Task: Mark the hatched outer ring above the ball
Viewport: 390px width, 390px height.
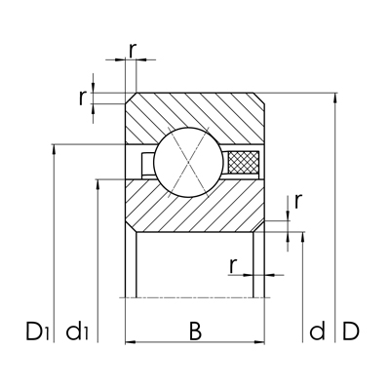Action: coord(195,115)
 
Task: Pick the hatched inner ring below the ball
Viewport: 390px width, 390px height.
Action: coord(195,207)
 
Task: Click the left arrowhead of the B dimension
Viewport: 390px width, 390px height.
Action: coord(131,341)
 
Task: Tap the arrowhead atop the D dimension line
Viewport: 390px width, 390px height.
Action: coord(335,98)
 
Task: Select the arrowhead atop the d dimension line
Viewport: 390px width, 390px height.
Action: coord(305,237)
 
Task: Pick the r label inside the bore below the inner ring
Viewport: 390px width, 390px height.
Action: coord(234,264)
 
